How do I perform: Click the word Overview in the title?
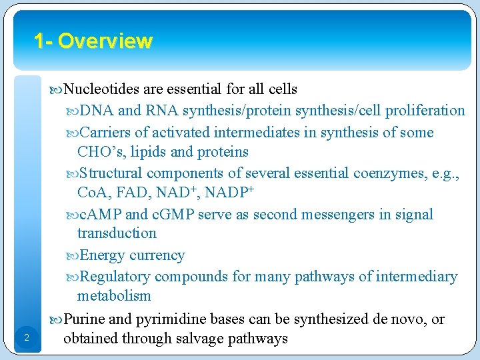(x=105, y=41)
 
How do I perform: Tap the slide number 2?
(x=25, y=339)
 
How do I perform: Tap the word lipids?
(x=149, y=152)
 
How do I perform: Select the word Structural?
(x=111, y=173)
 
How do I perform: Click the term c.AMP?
(x=101, y=215)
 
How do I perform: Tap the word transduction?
(x=117, y=233)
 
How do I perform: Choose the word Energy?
(x=102, y=255)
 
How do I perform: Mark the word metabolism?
(x=114, y=296)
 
